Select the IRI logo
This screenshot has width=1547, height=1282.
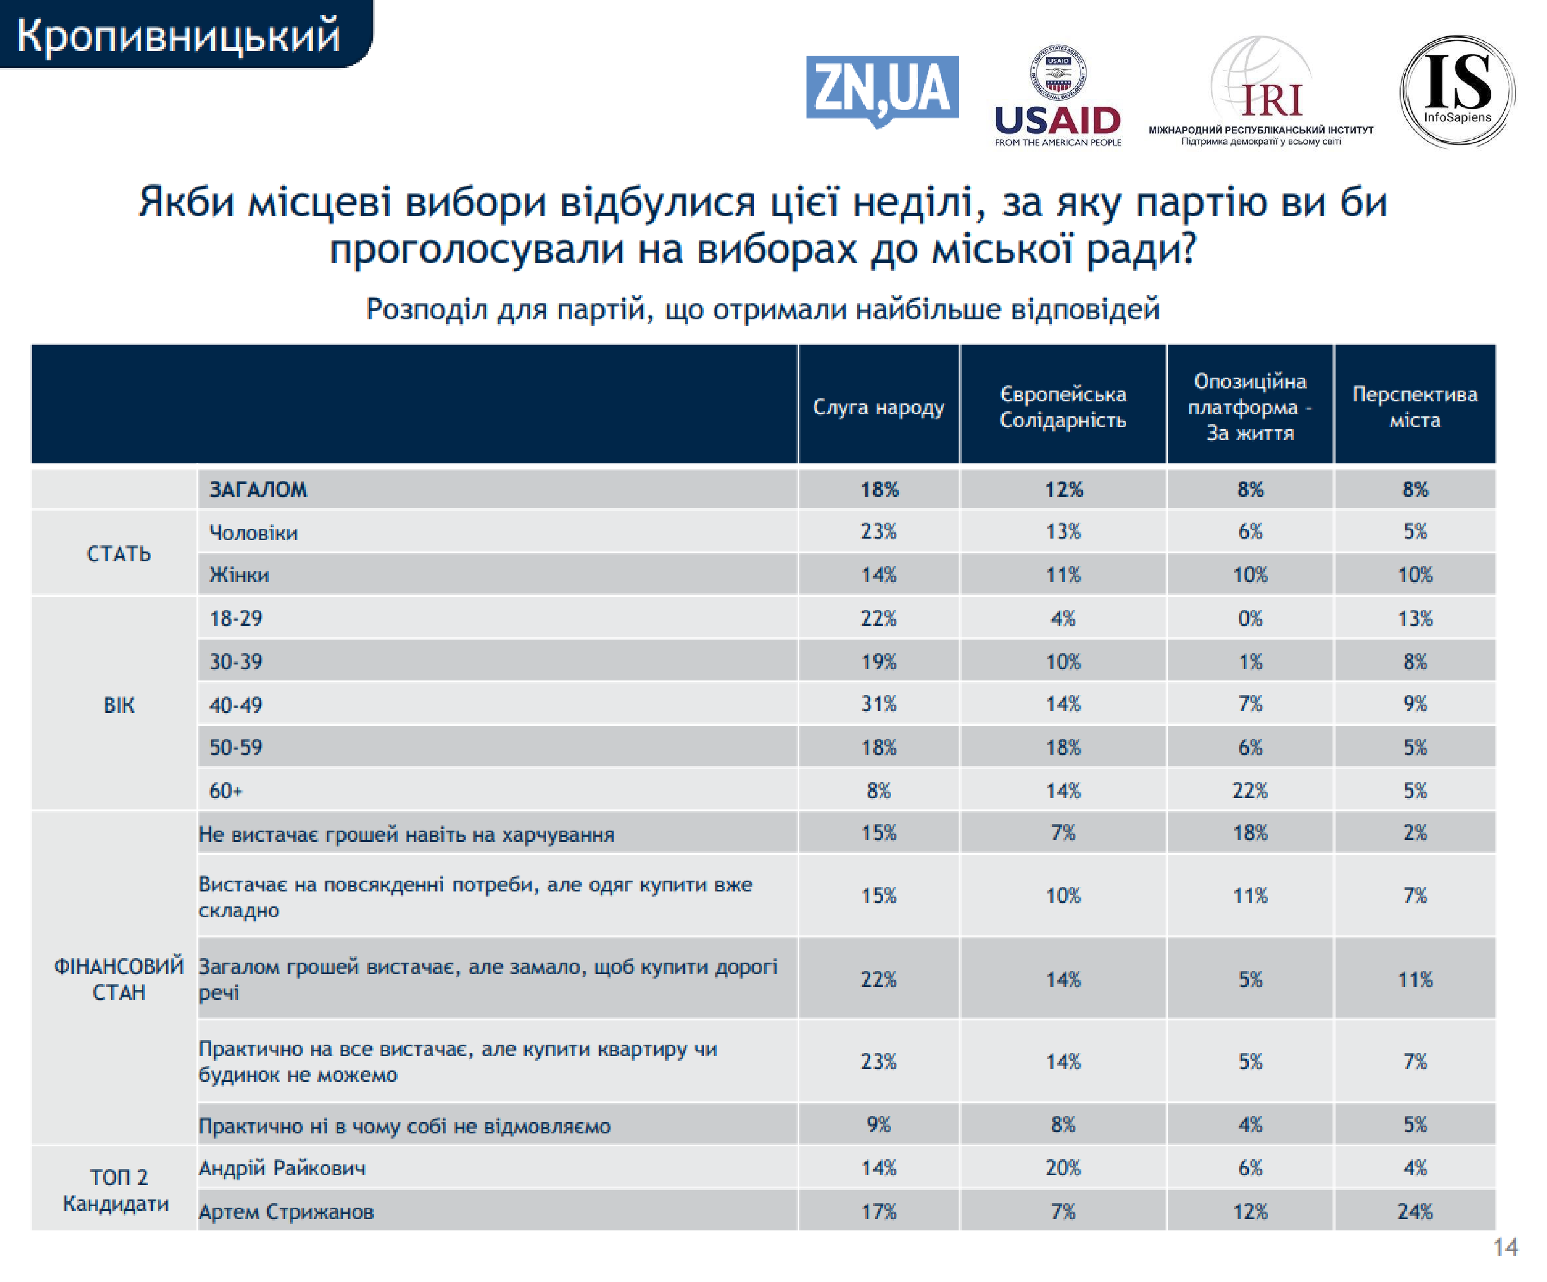pos(1261,92)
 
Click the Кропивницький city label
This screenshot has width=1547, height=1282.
pos(178,36)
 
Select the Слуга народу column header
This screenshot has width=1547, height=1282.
pos(878,407)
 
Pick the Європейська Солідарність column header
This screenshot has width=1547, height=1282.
pos(1062,407)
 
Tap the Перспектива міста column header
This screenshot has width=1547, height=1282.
pos(1414,407)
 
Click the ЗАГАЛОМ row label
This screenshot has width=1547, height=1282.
pos(258,489)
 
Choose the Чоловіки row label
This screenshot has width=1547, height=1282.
pos(253,532)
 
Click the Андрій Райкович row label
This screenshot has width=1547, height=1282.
pos(282,1168)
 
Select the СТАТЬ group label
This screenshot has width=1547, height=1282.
pos(119,554)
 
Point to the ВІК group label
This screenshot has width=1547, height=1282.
pos(119,705)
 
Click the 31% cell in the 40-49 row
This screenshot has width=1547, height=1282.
pos(879,704)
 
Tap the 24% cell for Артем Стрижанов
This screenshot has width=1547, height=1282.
pos(1414,1211)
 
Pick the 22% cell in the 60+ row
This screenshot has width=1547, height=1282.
pos(1250,790)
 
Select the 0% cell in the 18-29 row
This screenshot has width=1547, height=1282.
pos(1250,618)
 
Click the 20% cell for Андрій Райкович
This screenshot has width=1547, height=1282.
pos(1063,1168)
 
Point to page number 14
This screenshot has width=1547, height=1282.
pos(1505,1247)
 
